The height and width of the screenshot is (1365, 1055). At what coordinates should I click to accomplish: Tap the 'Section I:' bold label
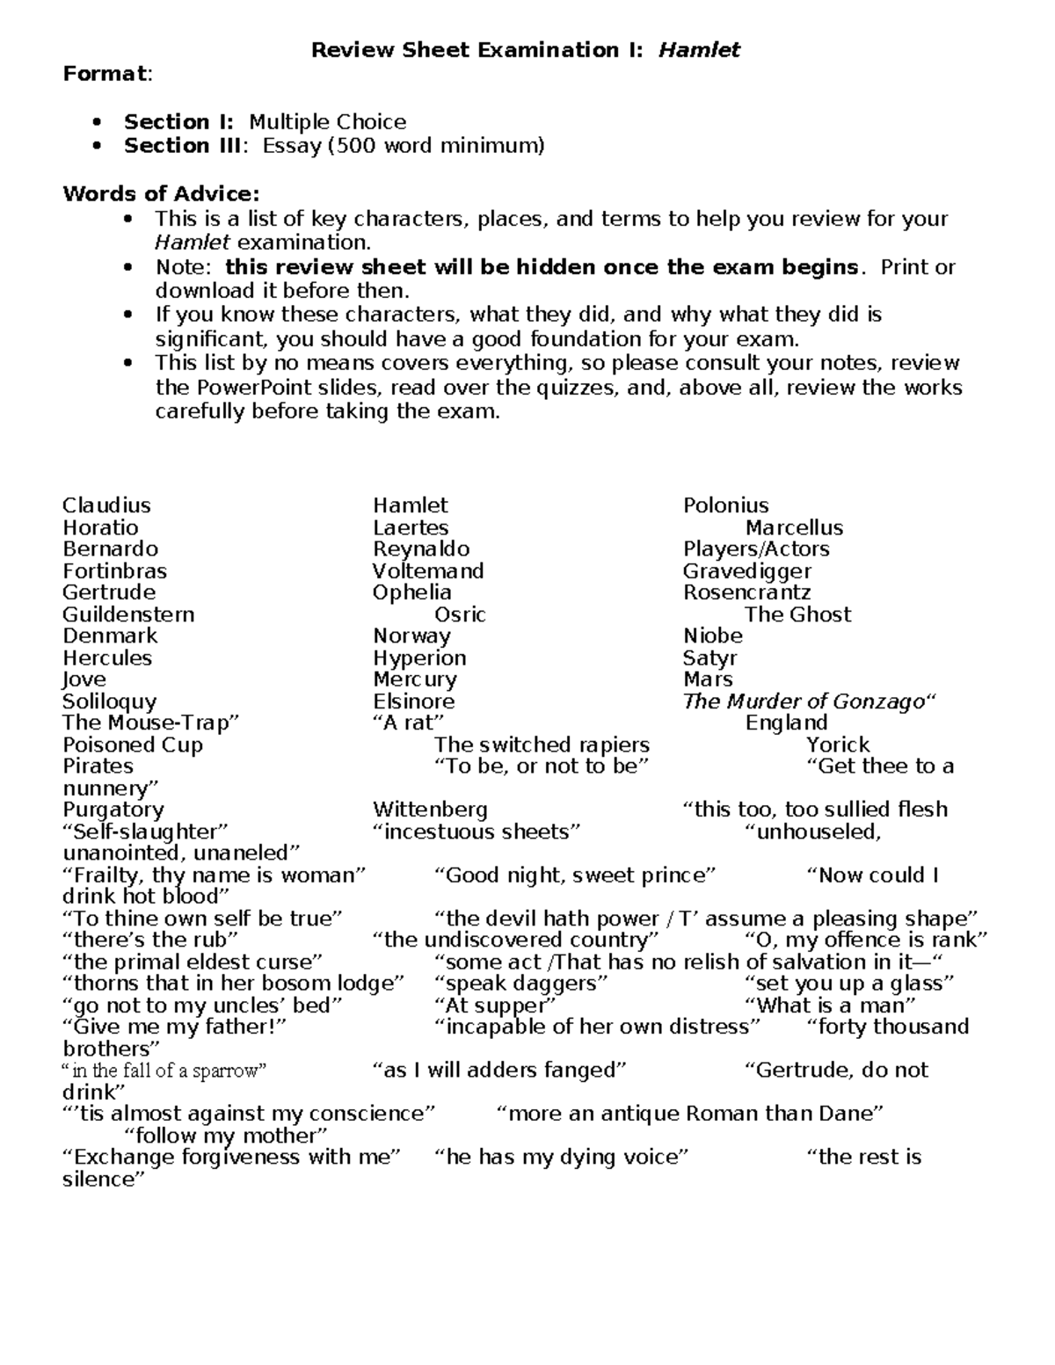click(179, 121)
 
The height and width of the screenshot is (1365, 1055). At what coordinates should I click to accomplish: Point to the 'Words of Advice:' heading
click(161, 193)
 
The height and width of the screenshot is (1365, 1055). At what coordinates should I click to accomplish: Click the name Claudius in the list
click(106, 505)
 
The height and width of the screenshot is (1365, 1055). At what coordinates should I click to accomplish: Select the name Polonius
click(725, 505)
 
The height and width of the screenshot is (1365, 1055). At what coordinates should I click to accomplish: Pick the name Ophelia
click(411, 592)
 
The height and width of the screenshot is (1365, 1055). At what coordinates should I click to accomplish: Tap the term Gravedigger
click(746, 570)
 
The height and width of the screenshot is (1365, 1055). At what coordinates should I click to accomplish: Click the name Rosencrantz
click(746, 592)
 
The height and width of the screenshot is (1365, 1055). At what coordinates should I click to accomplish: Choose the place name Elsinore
click(413, 701)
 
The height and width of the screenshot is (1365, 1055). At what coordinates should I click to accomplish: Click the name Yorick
click(837, 744)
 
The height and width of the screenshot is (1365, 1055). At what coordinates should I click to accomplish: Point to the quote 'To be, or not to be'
click(541, 766)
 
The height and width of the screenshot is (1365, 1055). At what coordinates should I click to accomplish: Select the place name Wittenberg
click(429, 810)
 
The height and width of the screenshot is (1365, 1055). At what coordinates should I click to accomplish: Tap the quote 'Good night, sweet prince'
click(575, 875)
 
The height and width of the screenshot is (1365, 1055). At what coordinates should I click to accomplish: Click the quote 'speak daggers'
click(520, 984)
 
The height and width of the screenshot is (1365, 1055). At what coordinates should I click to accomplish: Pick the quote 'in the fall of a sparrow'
click(164, 1071)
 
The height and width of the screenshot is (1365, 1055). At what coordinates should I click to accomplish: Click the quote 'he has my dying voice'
click(561, 1157)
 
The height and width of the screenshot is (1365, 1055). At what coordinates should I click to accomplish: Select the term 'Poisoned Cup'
click(132, 744)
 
